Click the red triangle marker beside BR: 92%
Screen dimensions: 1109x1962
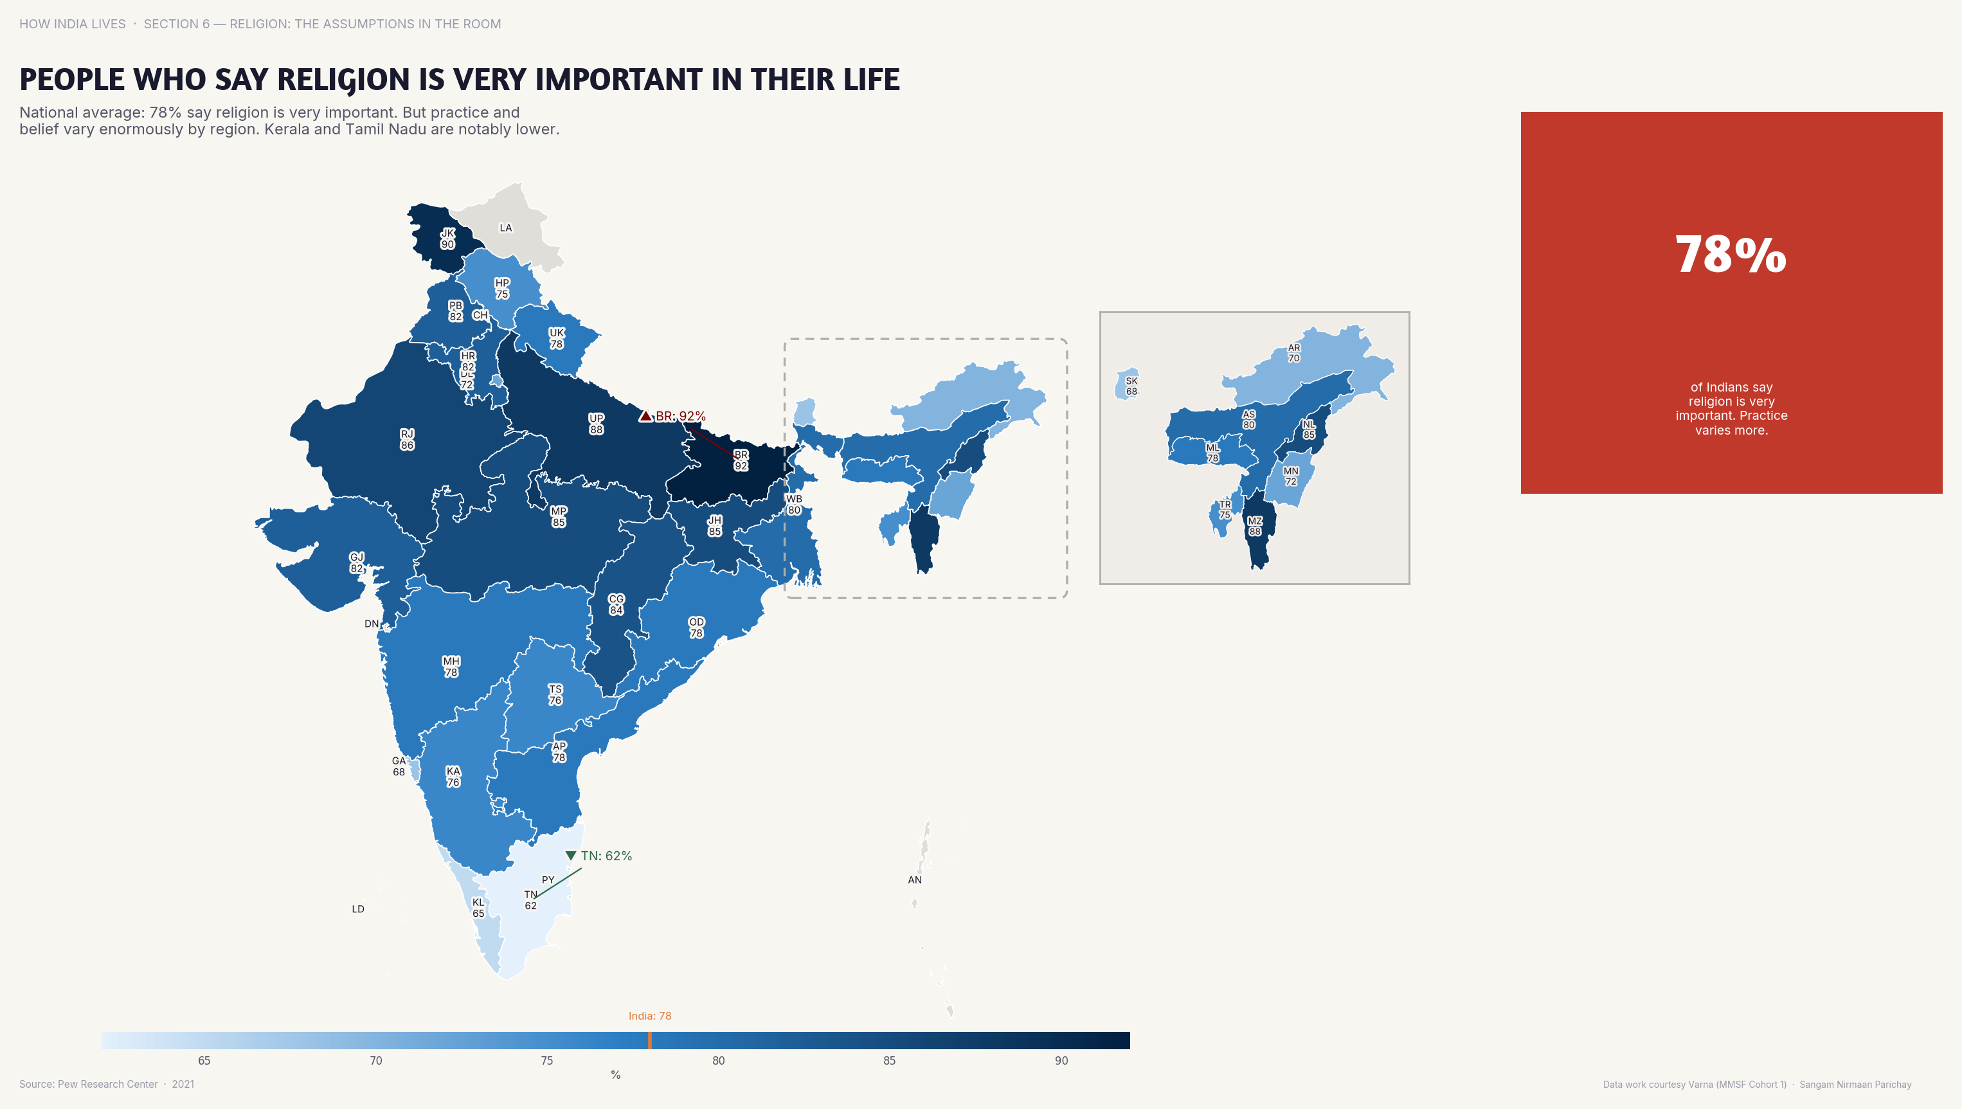(x=645, y=416)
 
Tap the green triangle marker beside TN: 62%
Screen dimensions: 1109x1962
(x=570, y=855)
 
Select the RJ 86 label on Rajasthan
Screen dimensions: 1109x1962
(x=408, y=440)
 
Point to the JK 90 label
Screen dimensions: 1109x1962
(x=448, y=239)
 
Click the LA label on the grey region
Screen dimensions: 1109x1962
(x=506, y=228)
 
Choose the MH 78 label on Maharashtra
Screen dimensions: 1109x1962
(x=451, y=667)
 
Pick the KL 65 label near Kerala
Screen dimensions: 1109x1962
(x=478, y=907)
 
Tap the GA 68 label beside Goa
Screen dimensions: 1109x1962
(x=399, y=766)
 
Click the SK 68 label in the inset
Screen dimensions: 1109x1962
(x=1132, y=386)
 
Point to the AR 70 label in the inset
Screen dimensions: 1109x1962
(x=1294, y=353)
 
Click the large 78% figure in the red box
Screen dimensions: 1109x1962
(x=1731, y=255)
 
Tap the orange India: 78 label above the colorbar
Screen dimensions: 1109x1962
(x=650, y=1016)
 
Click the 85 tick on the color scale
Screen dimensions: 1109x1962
(x=890, y=1060)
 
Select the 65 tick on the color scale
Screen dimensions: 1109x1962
(x=204, y=1060)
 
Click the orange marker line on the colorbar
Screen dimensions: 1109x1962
(x=650, y=1040)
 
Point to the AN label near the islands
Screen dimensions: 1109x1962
(x=915, y=879)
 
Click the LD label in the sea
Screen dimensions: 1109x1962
(x=358, y=908)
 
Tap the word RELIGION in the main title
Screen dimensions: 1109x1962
(x=343, y=80)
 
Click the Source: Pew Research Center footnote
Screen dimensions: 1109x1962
(x=88, y=1084)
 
